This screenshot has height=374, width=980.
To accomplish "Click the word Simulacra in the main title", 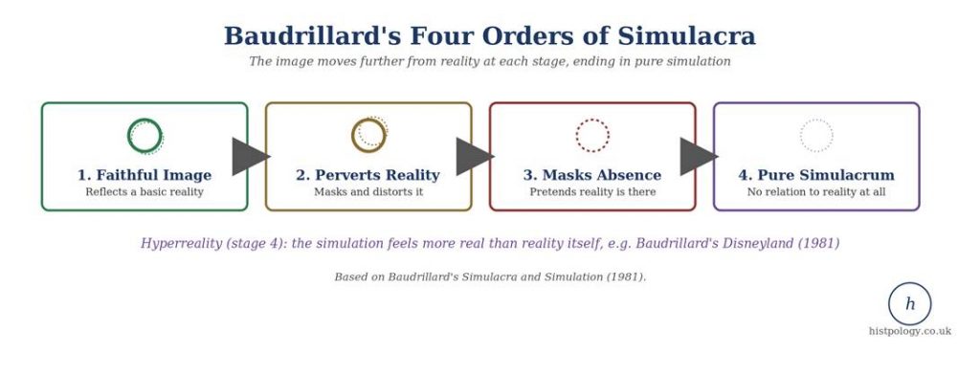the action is pyautogui.click(x=687, y=35).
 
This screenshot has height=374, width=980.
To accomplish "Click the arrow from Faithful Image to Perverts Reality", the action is pyautogui.click(x=250, y=156).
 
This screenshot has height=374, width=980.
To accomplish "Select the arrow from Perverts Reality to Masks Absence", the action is pyautogui.click(x=475, y=156).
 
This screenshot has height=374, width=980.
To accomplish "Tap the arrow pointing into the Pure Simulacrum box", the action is pyautogui.click(x=698, y=156).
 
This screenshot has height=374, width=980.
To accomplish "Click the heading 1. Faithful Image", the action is pyautogui.click(x=145, y=175).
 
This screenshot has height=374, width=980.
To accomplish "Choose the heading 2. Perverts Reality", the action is pyautogui.click(x=368, y=175).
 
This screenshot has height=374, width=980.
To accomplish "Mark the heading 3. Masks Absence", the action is pyautogui.click(x=592, y=175).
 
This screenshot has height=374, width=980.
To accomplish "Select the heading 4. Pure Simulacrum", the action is pyautogui.click(x=816, y=175).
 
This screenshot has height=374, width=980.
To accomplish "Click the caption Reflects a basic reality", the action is pyautogui.click(x=145, y=191).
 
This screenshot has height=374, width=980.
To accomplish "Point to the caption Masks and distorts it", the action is pyautogui.click(x=368, y=191).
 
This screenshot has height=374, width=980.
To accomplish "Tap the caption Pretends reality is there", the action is pyautogui.click(x=592, y=191).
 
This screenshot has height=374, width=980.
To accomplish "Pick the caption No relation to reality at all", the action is pyautogui.click(x=816, y=191).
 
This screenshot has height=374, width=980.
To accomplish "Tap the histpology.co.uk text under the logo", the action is pyautogui.click(x=909, y=331).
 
